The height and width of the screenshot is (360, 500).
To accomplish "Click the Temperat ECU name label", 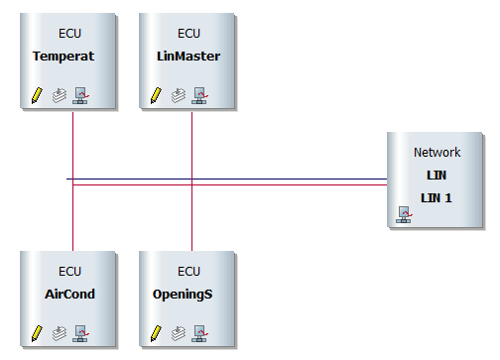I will pyautogui.click(x=63, y=57).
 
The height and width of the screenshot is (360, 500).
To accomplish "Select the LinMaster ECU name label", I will pyautogui.click(x=188, y=57).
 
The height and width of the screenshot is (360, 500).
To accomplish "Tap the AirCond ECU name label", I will pyautogui.click(x=63, y=295).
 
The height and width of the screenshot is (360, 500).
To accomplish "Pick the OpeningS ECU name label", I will pyautogui.click(x=188, y=295).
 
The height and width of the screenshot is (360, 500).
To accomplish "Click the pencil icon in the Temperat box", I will pyautogui.click(x=37, y=95).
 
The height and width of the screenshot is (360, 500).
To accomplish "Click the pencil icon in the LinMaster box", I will pyautogui.click(x=156, y=95).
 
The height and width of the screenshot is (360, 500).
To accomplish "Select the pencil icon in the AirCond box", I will pyautogui.click(x=37, y=332).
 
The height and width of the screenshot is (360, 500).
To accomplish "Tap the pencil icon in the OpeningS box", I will pyautogui.click(x=156, y=332).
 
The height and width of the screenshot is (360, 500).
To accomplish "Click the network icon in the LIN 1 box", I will pyautogui.click(x=404, y=214).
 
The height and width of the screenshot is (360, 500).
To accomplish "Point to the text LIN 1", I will pyautogui.click(x=437, y=196).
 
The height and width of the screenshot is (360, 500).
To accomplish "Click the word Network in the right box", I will pyautogui.click(x=437, y=153).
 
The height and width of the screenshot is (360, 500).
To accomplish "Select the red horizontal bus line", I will pyautogui.click(x=228, y=184).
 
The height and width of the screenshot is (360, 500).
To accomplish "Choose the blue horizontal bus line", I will pyautogui.click(x=228, y=180).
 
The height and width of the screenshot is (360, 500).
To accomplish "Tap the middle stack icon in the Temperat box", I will pyautogui.click(x=60, y=95).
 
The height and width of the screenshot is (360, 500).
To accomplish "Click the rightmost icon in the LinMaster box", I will pyautogui.click(x=199, y=95).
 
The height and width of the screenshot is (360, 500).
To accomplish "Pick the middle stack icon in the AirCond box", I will pyautogui.click(x=60, y=332).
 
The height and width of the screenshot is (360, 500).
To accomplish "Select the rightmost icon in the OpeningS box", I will pyautogui.click(x=199, y=332).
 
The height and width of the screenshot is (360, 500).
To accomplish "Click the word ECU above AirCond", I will pyautogui.click(x=69, y=271).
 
